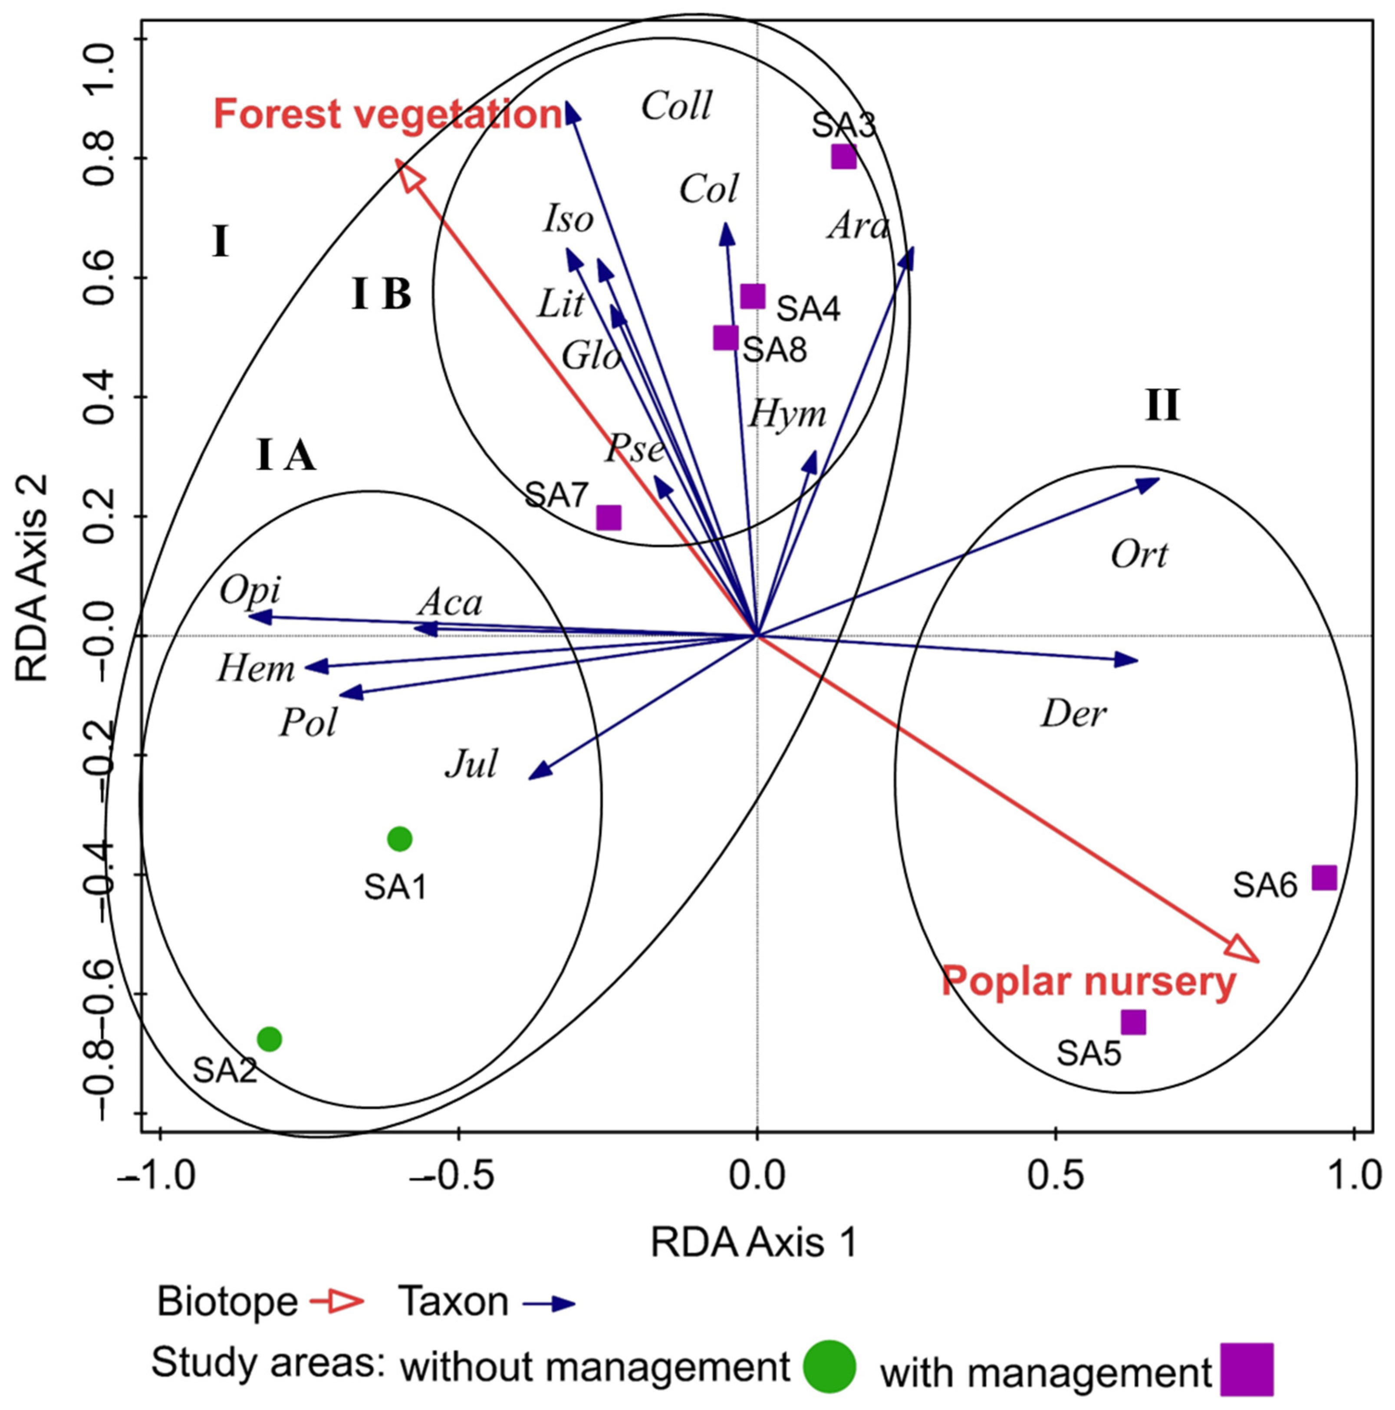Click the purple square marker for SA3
[x=843, y=156]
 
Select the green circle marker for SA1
[x=399, y=839]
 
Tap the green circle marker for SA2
[x=270, y=1039]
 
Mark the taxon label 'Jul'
[x=471, y=765]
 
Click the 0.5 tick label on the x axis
[x=1056, y=1177]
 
